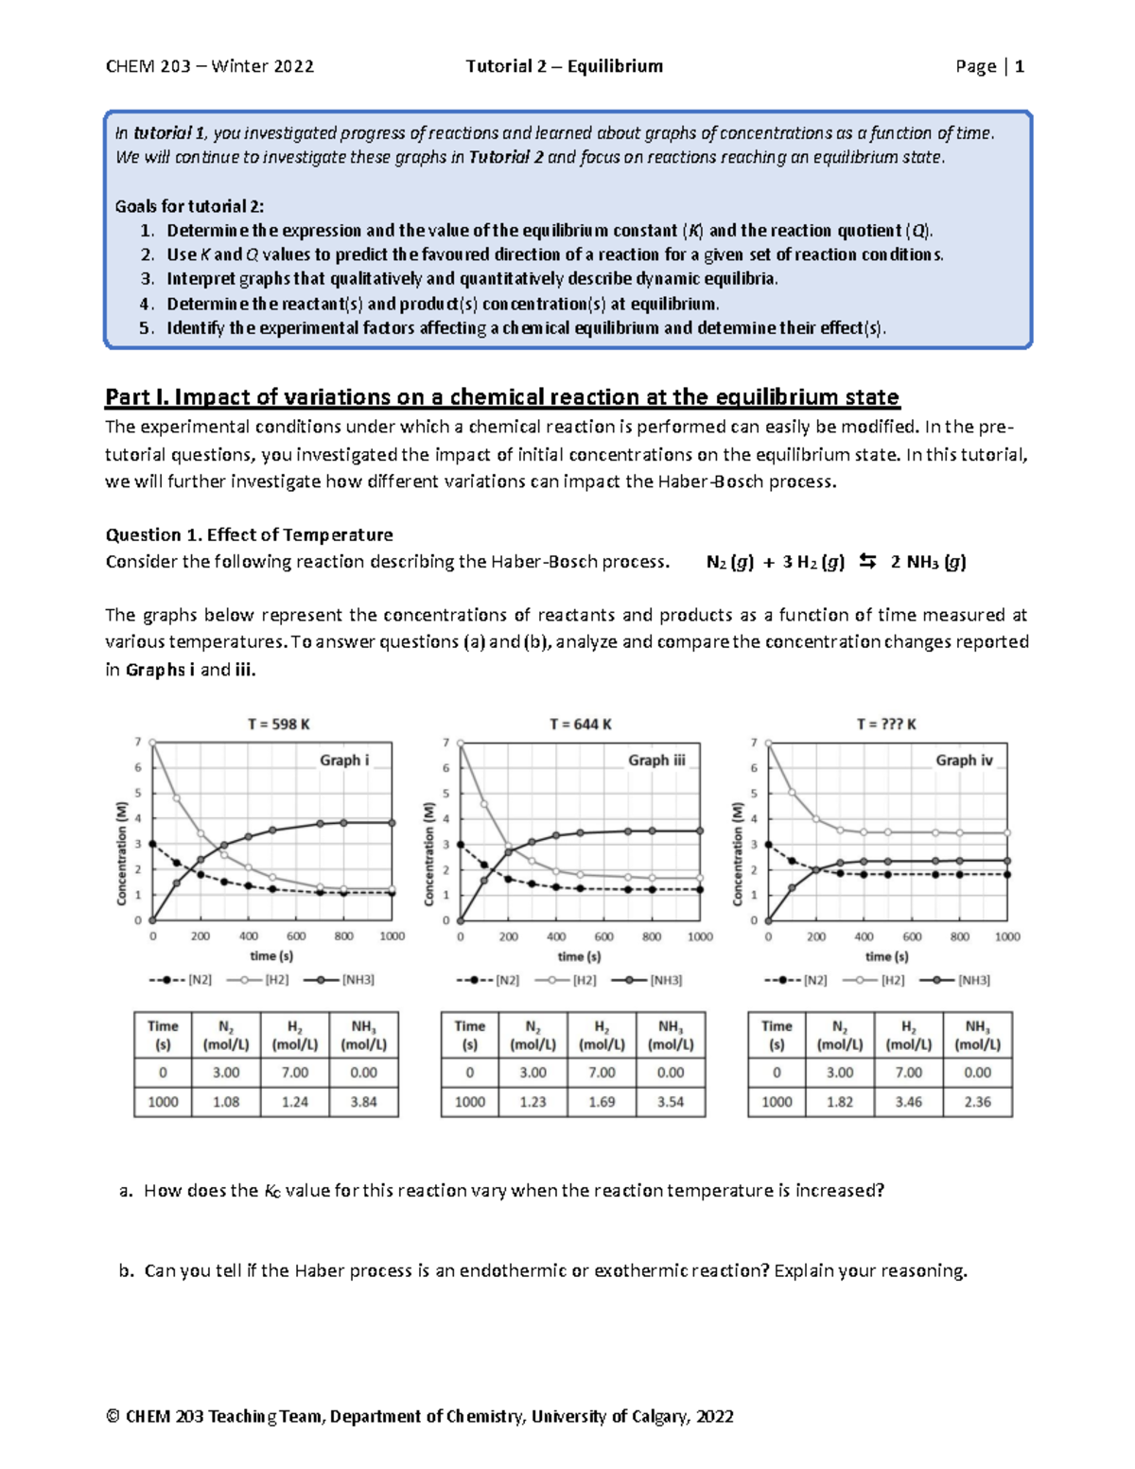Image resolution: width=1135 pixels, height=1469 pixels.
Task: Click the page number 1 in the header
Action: [x=1020, y=66]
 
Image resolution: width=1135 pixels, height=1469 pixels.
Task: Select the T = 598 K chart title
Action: [x=279, y=725]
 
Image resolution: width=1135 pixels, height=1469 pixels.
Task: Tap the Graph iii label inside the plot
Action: [x=656, y=760]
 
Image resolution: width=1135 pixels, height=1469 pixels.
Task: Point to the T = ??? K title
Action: [x=886, y=725]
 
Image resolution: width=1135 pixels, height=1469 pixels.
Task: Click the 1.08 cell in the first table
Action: [x=226, y=1102]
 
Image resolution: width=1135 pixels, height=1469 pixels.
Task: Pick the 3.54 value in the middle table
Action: [x=671, y=1102]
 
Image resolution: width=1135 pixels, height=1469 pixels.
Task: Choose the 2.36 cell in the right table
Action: [x=977, y=1102]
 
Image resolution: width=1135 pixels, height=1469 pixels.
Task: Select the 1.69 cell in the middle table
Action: [x=602, y=1102]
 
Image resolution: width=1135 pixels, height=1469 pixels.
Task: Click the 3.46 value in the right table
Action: [x=908, y=1102]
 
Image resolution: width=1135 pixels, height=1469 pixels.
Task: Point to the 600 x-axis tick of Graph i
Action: [x=296, y=936]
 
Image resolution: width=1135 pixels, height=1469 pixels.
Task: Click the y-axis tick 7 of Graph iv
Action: [x=754, y=743]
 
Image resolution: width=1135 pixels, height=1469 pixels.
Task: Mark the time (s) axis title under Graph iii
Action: [x=579, y=956]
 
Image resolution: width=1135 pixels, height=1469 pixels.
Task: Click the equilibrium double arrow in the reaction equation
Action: [x=867, y=562]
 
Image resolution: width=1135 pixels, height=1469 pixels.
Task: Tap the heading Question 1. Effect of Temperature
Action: [x=249, y=534]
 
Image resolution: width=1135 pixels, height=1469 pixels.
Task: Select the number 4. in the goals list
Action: [x=146, y=304]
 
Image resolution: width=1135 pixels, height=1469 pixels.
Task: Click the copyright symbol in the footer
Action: [x=113, y=1416]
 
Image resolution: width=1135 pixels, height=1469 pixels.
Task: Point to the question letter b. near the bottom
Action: [x=127, y=1270]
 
